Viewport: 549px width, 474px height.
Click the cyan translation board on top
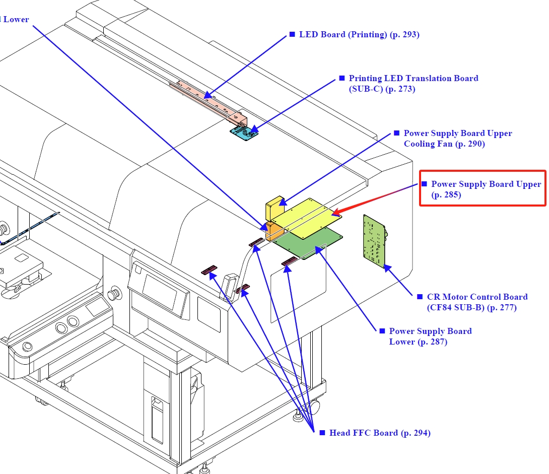244,133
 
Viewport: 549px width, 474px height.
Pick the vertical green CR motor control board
373,239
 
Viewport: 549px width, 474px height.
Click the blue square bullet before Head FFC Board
322,433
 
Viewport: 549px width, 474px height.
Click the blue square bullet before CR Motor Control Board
420,297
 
